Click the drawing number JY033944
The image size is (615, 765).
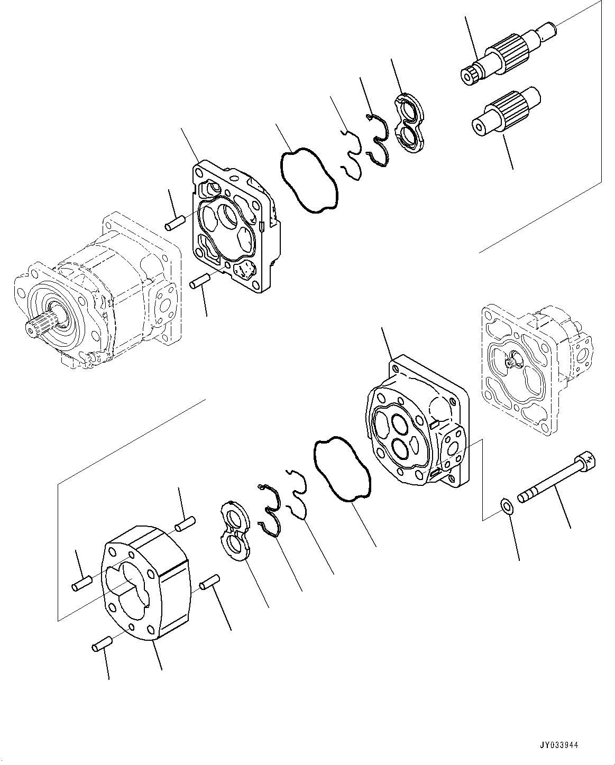point(560,744)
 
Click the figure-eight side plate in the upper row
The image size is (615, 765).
point(410,122)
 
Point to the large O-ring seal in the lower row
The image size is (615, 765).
point(341,468)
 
